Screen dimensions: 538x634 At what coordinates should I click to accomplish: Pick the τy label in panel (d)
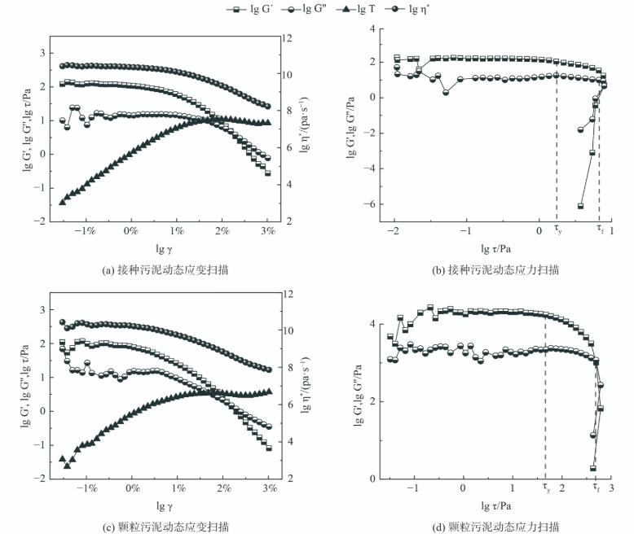(546, 489)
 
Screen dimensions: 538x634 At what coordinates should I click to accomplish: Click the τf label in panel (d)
(597, 489)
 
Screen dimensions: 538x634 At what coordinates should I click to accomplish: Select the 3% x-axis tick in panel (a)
(268, 231)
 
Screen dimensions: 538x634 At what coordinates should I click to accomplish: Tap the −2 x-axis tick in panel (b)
(394, 231)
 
